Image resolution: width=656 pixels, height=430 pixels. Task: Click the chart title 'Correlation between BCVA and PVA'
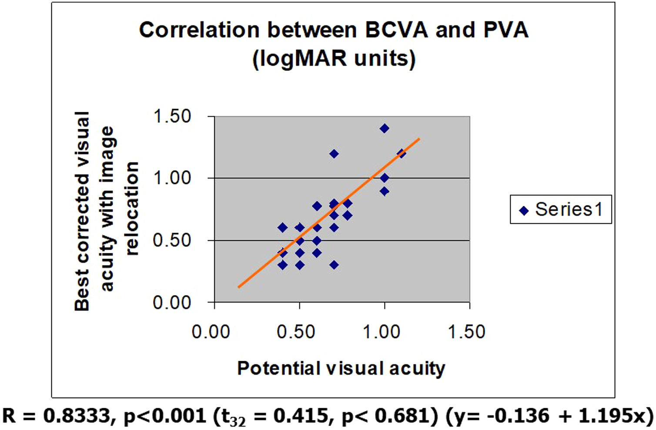pyautogui.click(x=334, y=30)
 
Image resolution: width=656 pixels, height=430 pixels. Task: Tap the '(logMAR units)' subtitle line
pyautogui.click(x=334, y=58)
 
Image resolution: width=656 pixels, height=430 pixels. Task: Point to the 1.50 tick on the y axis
pyautogui.click(x=172, y=116)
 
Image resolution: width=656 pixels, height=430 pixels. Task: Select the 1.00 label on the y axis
pyautogui.click(x=172, y=178)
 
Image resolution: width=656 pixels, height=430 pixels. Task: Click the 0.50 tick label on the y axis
pyautogui.click(x=172, y=240)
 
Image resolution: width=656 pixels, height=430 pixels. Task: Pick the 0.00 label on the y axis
pyautogui.click(x=172, y=302)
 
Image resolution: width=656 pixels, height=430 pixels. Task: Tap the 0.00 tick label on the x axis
pyautogui.click(x=211, y=332)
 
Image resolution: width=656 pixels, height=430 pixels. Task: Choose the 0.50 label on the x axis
pyautogui.click(x=296, y=332)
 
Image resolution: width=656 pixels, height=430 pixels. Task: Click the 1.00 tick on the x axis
pyautogui.click(x=382, y=332)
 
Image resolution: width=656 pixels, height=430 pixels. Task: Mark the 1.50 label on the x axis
pyautogui.click(x=466, y=332)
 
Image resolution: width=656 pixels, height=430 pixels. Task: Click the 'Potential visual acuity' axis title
pyautogui.click(x=341, y=368)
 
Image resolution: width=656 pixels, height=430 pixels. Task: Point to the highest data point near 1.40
pyautogui.click(x=384, y=128)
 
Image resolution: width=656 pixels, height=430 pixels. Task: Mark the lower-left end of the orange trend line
pyautogui.click(x=239, y=287)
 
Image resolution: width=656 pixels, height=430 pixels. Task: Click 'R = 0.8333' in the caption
pyautogui.click(x=57, y=416)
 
